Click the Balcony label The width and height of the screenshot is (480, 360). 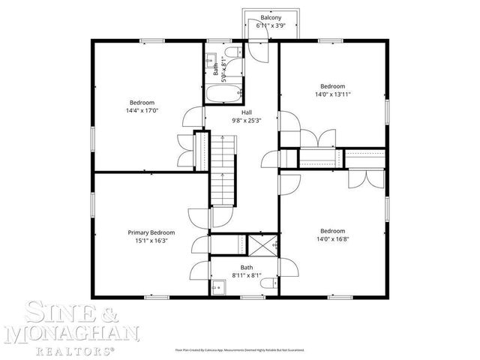(x=271, y=17)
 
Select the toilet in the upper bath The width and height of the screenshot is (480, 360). (x=232, y=52)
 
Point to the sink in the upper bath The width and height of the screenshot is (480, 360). (x=211, y=59)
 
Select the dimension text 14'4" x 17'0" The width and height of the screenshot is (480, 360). (x=142, y=110)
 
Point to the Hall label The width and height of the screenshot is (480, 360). (x=247, y=111)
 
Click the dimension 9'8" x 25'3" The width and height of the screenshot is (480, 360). (x=247, y=119)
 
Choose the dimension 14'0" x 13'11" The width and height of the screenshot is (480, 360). (x=332, y=94)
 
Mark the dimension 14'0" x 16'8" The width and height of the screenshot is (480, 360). (x=332, y=239)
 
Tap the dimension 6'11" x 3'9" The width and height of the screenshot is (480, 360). (x=271, y=25)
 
